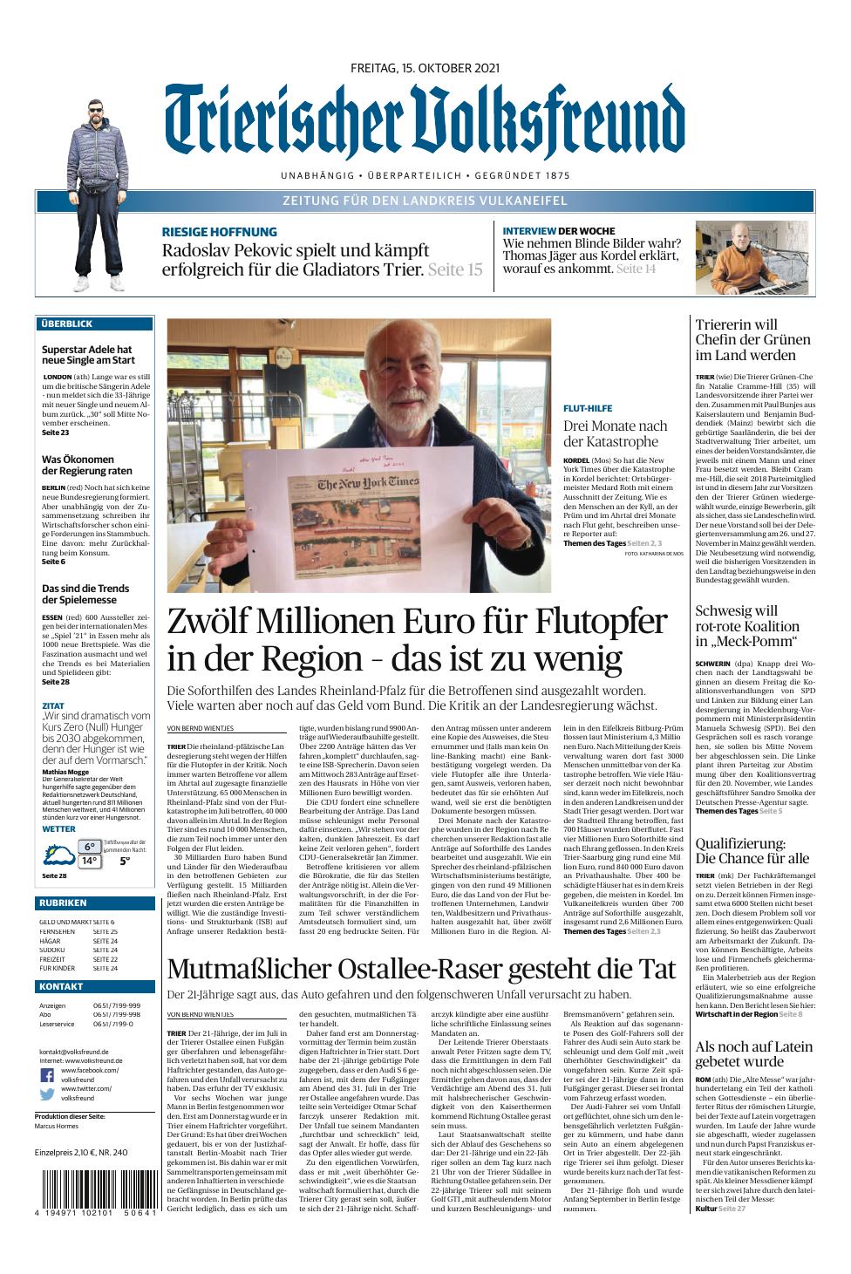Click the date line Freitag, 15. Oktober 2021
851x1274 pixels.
pos(425,68)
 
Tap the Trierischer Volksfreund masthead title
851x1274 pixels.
pos(425,122)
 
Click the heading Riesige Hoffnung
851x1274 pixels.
pos(220,232)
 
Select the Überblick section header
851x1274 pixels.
pos(66,324)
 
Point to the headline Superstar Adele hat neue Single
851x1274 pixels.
pos(88,355)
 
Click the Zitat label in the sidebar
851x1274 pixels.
pos(53,705)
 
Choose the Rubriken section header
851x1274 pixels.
pos(63,903)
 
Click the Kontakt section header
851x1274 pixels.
pos(61,986)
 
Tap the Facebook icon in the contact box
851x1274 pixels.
pos(46,1074)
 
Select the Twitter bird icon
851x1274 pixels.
pos(46,1093)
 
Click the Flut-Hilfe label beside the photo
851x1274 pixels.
pos(588,408)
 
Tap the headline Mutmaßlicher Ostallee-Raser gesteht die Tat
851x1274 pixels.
pos(421,969)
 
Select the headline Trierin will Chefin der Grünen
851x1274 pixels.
pos(752,339)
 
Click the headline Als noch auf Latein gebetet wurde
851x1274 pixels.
pos(753,1053)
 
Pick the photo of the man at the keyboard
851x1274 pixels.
pos(754,257)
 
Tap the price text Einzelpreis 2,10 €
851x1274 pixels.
pos(81,1152)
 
